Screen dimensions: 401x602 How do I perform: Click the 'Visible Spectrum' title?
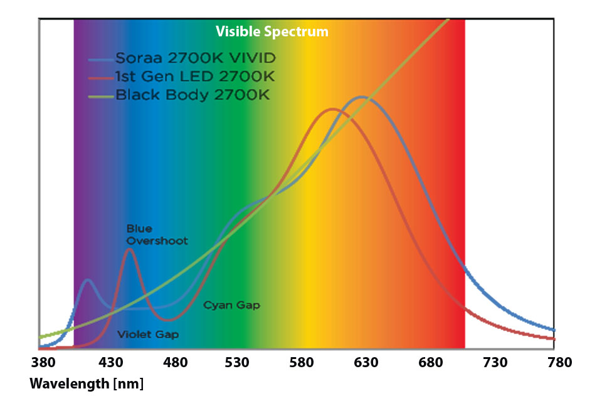tap(272, 31)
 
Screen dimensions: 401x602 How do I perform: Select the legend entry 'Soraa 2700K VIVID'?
tap(195, 59)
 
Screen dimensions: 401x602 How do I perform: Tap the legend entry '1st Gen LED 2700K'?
tap(194, 78)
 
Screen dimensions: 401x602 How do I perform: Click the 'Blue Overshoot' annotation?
tap(157, 235)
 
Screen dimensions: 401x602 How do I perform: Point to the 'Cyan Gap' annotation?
tap(231, 305)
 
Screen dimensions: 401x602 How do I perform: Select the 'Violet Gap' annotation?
tap(148, 335)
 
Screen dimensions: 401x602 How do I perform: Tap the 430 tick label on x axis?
tap(112, 363)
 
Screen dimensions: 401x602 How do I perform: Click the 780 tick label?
tap(559, 363)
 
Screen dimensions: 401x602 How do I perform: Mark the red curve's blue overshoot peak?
tap(130, 249)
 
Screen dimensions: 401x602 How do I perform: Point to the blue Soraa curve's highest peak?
tap(362, 97)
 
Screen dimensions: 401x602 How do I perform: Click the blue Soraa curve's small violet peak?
tap(88, 280)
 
